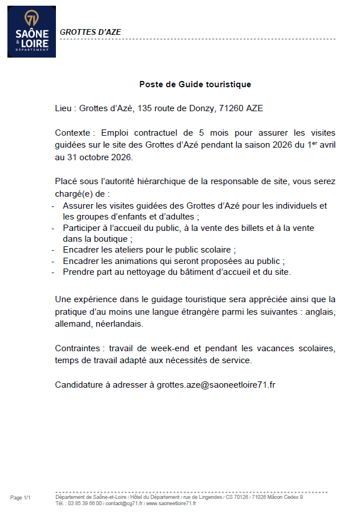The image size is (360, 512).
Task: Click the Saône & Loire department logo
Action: coord(31,31)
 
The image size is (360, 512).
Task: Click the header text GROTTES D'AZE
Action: coord(90,32)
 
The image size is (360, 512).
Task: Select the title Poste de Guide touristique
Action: coord(195,84)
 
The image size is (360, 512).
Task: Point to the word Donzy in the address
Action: coord(199,108)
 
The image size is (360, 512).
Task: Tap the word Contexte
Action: coord(73,132)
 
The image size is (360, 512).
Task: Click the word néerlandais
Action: coord(119,323)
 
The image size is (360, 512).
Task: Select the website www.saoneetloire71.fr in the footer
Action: coord(171,503)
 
